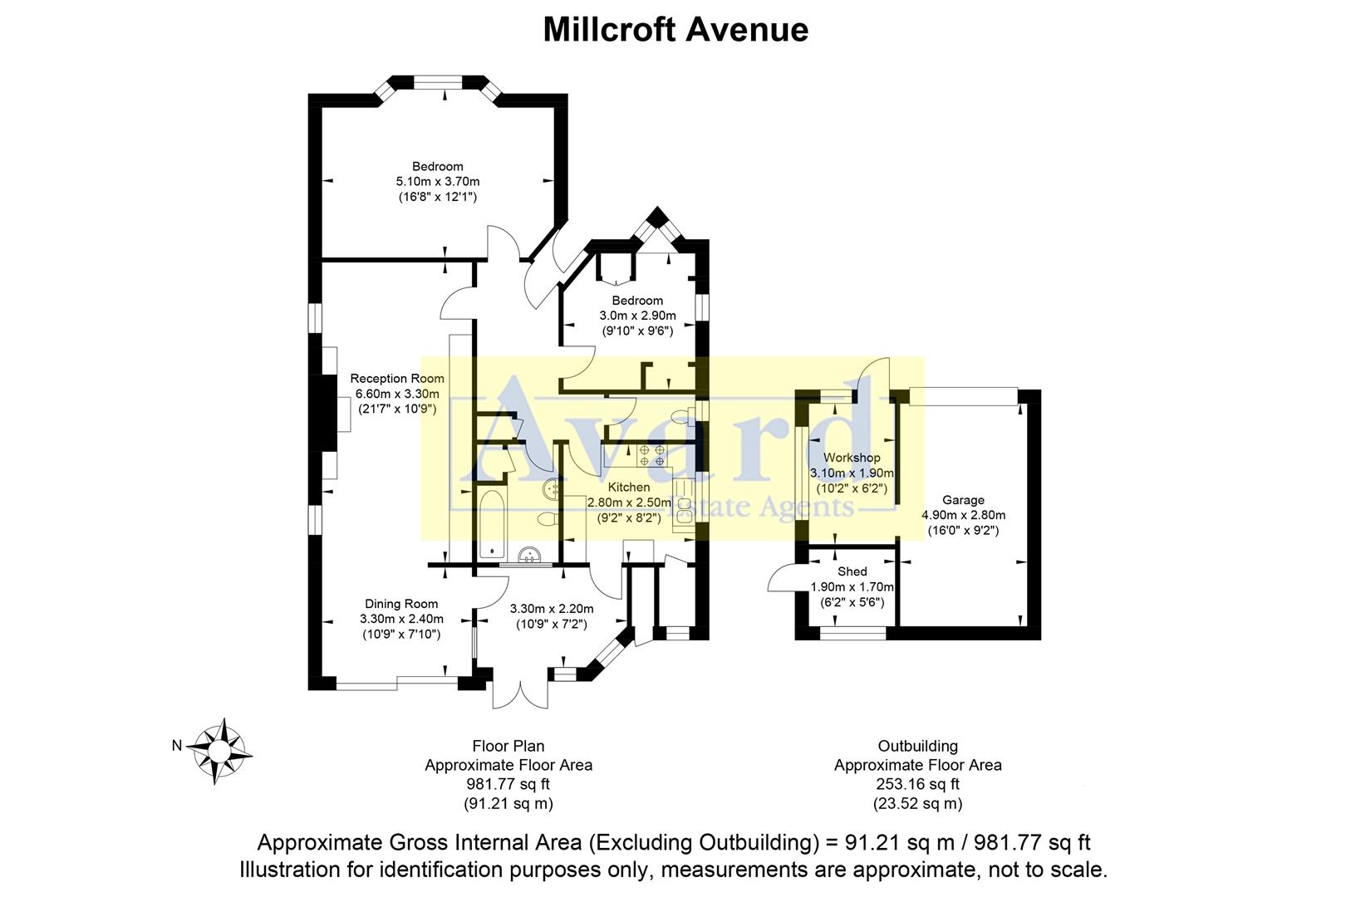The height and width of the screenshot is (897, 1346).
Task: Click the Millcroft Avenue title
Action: point(675,30)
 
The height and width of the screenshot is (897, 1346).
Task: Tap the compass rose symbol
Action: point(220,750)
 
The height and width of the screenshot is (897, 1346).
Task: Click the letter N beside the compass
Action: point(177,746)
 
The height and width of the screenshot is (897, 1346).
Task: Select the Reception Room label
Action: point(397,379)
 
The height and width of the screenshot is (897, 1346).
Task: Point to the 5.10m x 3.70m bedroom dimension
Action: point(438,181)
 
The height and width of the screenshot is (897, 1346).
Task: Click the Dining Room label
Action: point(401,604)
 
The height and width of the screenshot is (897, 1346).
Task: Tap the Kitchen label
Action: point(629,487)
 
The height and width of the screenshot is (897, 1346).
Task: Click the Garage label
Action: point(963,500)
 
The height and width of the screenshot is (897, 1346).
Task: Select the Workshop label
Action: point(852,458)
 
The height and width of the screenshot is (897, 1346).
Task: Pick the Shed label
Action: point(852,571)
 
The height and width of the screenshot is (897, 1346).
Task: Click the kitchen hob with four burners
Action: point(651,455)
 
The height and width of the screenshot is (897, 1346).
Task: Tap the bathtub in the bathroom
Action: point(491,523)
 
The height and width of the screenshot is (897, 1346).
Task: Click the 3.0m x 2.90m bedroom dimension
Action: point(637,316)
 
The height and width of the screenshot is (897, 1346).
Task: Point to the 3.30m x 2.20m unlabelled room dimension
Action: point(552,608)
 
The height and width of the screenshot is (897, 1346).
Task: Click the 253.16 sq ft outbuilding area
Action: point(917,784)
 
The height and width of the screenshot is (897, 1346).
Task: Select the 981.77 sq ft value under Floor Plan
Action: point(508,784)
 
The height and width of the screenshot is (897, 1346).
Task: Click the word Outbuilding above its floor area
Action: point(917,746)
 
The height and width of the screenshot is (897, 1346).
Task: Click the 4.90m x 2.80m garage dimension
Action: point(963,515)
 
